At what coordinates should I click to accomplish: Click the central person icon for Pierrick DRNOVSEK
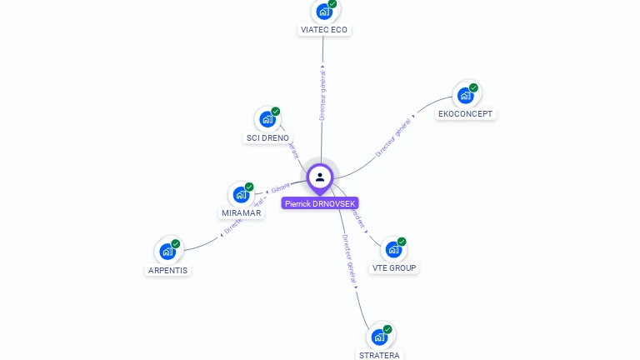pos(320,177)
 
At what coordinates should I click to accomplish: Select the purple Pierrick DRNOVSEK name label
pos(320,203)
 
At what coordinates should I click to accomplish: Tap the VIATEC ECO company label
pos(323,30)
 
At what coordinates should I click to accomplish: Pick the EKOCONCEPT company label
pos(465,113)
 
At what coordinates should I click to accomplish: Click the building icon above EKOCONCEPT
pos(465,95)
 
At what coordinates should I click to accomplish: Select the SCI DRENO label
pos(267,137)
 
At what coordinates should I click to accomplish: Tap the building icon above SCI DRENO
pos(267,119)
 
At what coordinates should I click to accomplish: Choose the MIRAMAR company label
pos(242,212)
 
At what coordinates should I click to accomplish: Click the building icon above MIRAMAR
pos(241,194)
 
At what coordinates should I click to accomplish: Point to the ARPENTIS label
pos(167,270)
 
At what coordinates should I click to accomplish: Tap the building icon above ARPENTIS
pos(167,251)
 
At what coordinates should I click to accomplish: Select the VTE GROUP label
pos(394,267)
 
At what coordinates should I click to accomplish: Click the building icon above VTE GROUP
pos(393,249)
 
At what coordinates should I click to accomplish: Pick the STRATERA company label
pos(379,355)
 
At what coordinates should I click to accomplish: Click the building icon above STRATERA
pos(379,337)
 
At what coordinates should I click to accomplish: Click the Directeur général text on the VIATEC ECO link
pos(322,96)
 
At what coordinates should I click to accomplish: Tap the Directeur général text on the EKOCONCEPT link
pos(393,137)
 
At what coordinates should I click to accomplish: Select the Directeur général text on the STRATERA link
pos(349,262)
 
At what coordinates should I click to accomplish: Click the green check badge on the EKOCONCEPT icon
pos(473,87)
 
